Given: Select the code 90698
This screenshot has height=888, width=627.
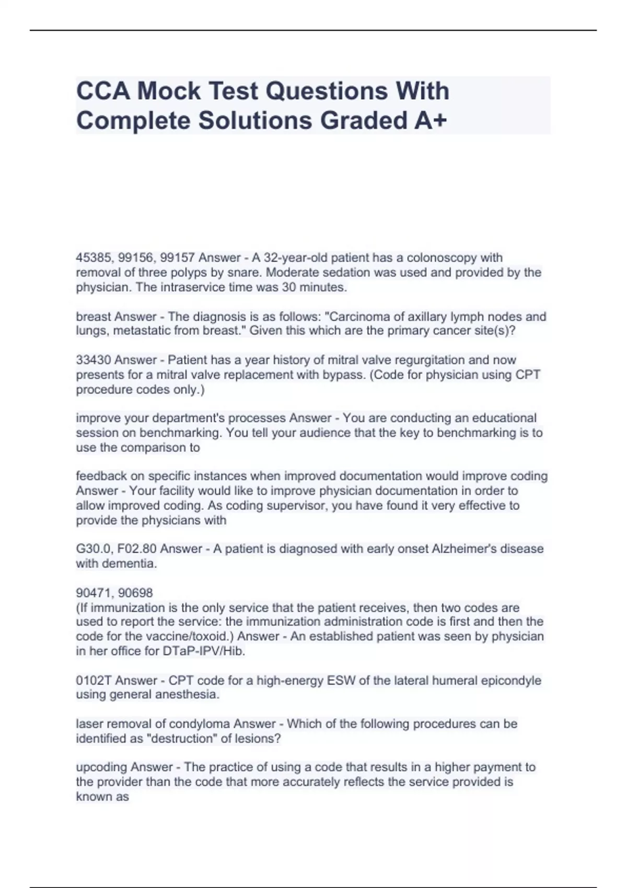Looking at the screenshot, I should [136, 593].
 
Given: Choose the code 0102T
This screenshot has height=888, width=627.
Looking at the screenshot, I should [94, 680].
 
